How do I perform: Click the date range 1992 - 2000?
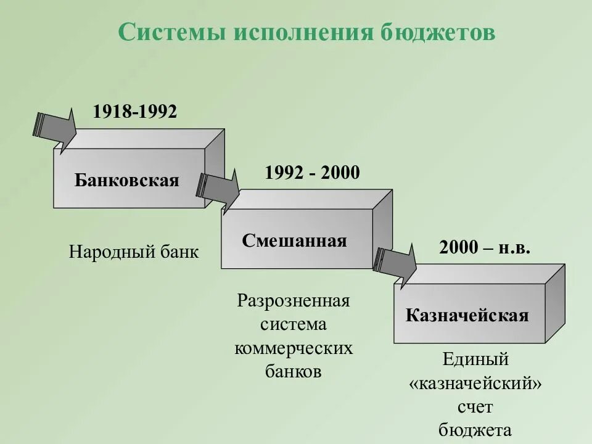312,173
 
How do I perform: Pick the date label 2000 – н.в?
485,247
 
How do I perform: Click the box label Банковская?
127,180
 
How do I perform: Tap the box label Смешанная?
294,240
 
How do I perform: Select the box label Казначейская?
467,316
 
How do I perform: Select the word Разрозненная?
294,302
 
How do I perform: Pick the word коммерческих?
294,348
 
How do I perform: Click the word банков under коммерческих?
294,372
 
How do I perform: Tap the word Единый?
475,360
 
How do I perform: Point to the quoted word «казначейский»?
475,384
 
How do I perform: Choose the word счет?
475,407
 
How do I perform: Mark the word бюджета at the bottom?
475,430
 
